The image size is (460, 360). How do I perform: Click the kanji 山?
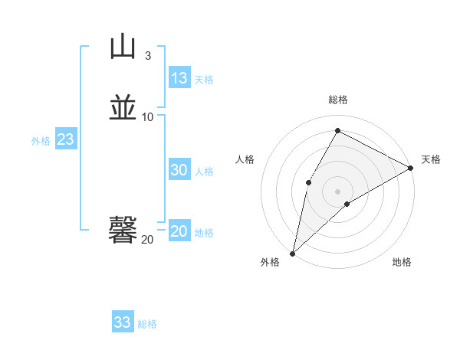[x=123, y=47]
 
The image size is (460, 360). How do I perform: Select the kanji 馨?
[x=123, y=231]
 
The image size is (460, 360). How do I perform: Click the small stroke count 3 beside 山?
[x=148, y=55]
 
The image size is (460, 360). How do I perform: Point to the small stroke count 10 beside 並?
[x=148, y=116]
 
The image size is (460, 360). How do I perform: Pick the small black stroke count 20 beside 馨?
[x=147, y=240]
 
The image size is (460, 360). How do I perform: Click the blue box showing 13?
[x=179, y=78]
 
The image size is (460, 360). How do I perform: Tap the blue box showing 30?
[x=179, y=170]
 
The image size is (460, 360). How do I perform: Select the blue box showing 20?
[x=179, y=231]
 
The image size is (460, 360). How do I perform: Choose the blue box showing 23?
[x=65, y=139]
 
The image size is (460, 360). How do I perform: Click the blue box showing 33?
[x=123, y=322]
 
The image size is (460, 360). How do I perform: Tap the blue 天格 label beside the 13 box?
[x=204, y=80]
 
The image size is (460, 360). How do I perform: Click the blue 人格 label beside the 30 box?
[x=204, y=172]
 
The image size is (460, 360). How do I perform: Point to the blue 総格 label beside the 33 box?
[x=147, y=324]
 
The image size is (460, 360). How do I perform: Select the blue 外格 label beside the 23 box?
[x=41, y=141]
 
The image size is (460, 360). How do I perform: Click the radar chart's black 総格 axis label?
[x=337, y=100]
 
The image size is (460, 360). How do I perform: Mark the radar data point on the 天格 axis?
[x=411, y=169]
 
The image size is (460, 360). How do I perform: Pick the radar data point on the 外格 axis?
[x=292, y=253]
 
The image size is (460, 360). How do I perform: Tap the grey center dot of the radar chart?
[x=337, y=191]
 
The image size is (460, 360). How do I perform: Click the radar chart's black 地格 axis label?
[x=402, y=263]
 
